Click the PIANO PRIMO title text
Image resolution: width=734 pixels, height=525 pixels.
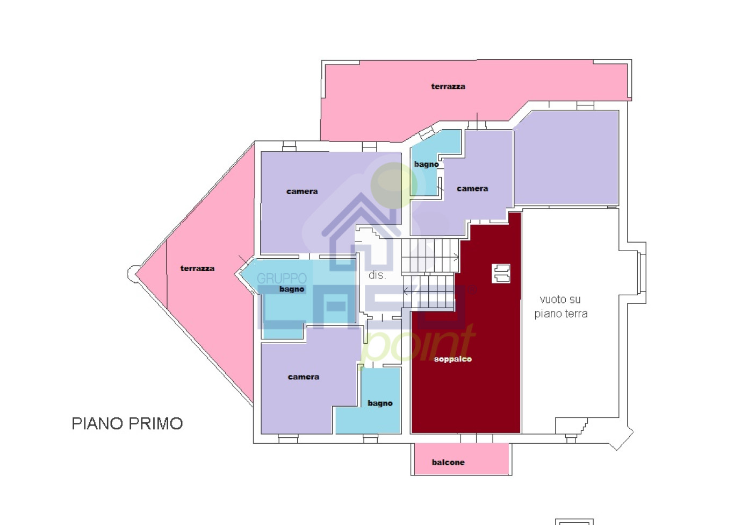[127, 423]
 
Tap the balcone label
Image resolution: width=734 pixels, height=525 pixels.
[448, 462]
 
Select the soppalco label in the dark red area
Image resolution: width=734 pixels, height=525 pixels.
[453, 359]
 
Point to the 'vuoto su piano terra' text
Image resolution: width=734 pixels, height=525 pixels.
[560, 307]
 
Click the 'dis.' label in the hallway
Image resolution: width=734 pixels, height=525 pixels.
[377, 275]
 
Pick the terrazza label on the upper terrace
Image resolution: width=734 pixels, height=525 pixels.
[448, 86]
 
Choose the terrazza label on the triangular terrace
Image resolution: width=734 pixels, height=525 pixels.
[197, 268]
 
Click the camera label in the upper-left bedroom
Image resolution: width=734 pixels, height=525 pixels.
[302, 191]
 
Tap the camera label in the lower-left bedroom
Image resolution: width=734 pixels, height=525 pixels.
[304, 377]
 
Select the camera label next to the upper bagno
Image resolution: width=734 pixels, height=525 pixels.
[472, 188]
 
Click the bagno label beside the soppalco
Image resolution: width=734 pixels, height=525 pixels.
[380, 403]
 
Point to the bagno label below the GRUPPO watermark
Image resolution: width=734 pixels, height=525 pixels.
[292, 289]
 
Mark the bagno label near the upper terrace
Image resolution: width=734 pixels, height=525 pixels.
[426, 164]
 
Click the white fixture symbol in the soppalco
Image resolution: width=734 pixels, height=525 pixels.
[501, 273]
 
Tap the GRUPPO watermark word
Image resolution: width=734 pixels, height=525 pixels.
[282, 278]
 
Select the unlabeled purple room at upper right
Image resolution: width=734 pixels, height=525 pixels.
[567, 157]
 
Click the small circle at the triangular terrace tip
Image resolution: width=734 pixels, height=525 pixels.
[132, 273]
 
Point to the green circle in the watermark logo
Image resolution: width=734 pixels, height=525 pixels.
[393, 185]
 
